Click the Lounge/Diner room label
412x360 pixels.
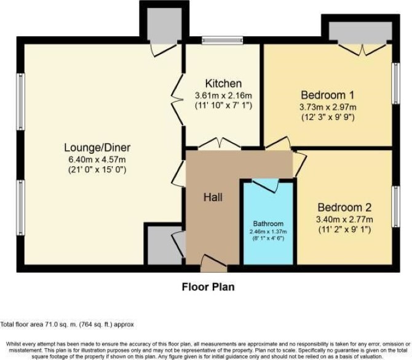point(97,148)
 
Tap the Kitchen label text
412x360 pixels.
point(223,83)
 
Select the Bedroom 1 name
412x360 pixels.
point(328,95)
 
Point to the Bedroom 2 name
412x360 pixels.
point(344,207)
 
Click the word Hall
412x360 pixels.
point(213,197)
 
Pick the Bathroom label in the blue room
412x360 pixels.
point(268,224)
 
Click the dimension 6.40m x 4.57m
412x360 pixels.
point(97,159)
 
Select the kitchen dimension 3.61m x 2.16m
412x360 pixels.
point(224,95)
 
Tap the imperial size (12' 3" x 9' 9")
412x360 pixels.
point(328,118)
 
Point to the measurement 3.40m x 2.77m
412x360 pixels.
point(344,219)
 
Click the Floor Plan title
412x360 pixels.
point(208,287)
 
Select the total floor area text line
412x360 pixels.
point(67,324)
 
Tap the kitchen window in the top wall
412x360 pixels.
point(222,40)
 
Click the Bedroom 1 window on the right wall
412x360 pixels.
point(396,83)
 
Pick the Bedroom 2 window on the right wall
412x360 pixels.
point(396,206)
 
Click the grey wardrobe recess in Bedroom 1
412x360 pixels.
point(360,31)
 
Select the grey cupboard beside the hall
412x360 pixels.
point(164,246)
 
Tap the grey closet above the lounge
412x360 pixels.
point(164,25)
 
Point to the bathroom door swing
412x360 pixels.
point(266,185)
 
